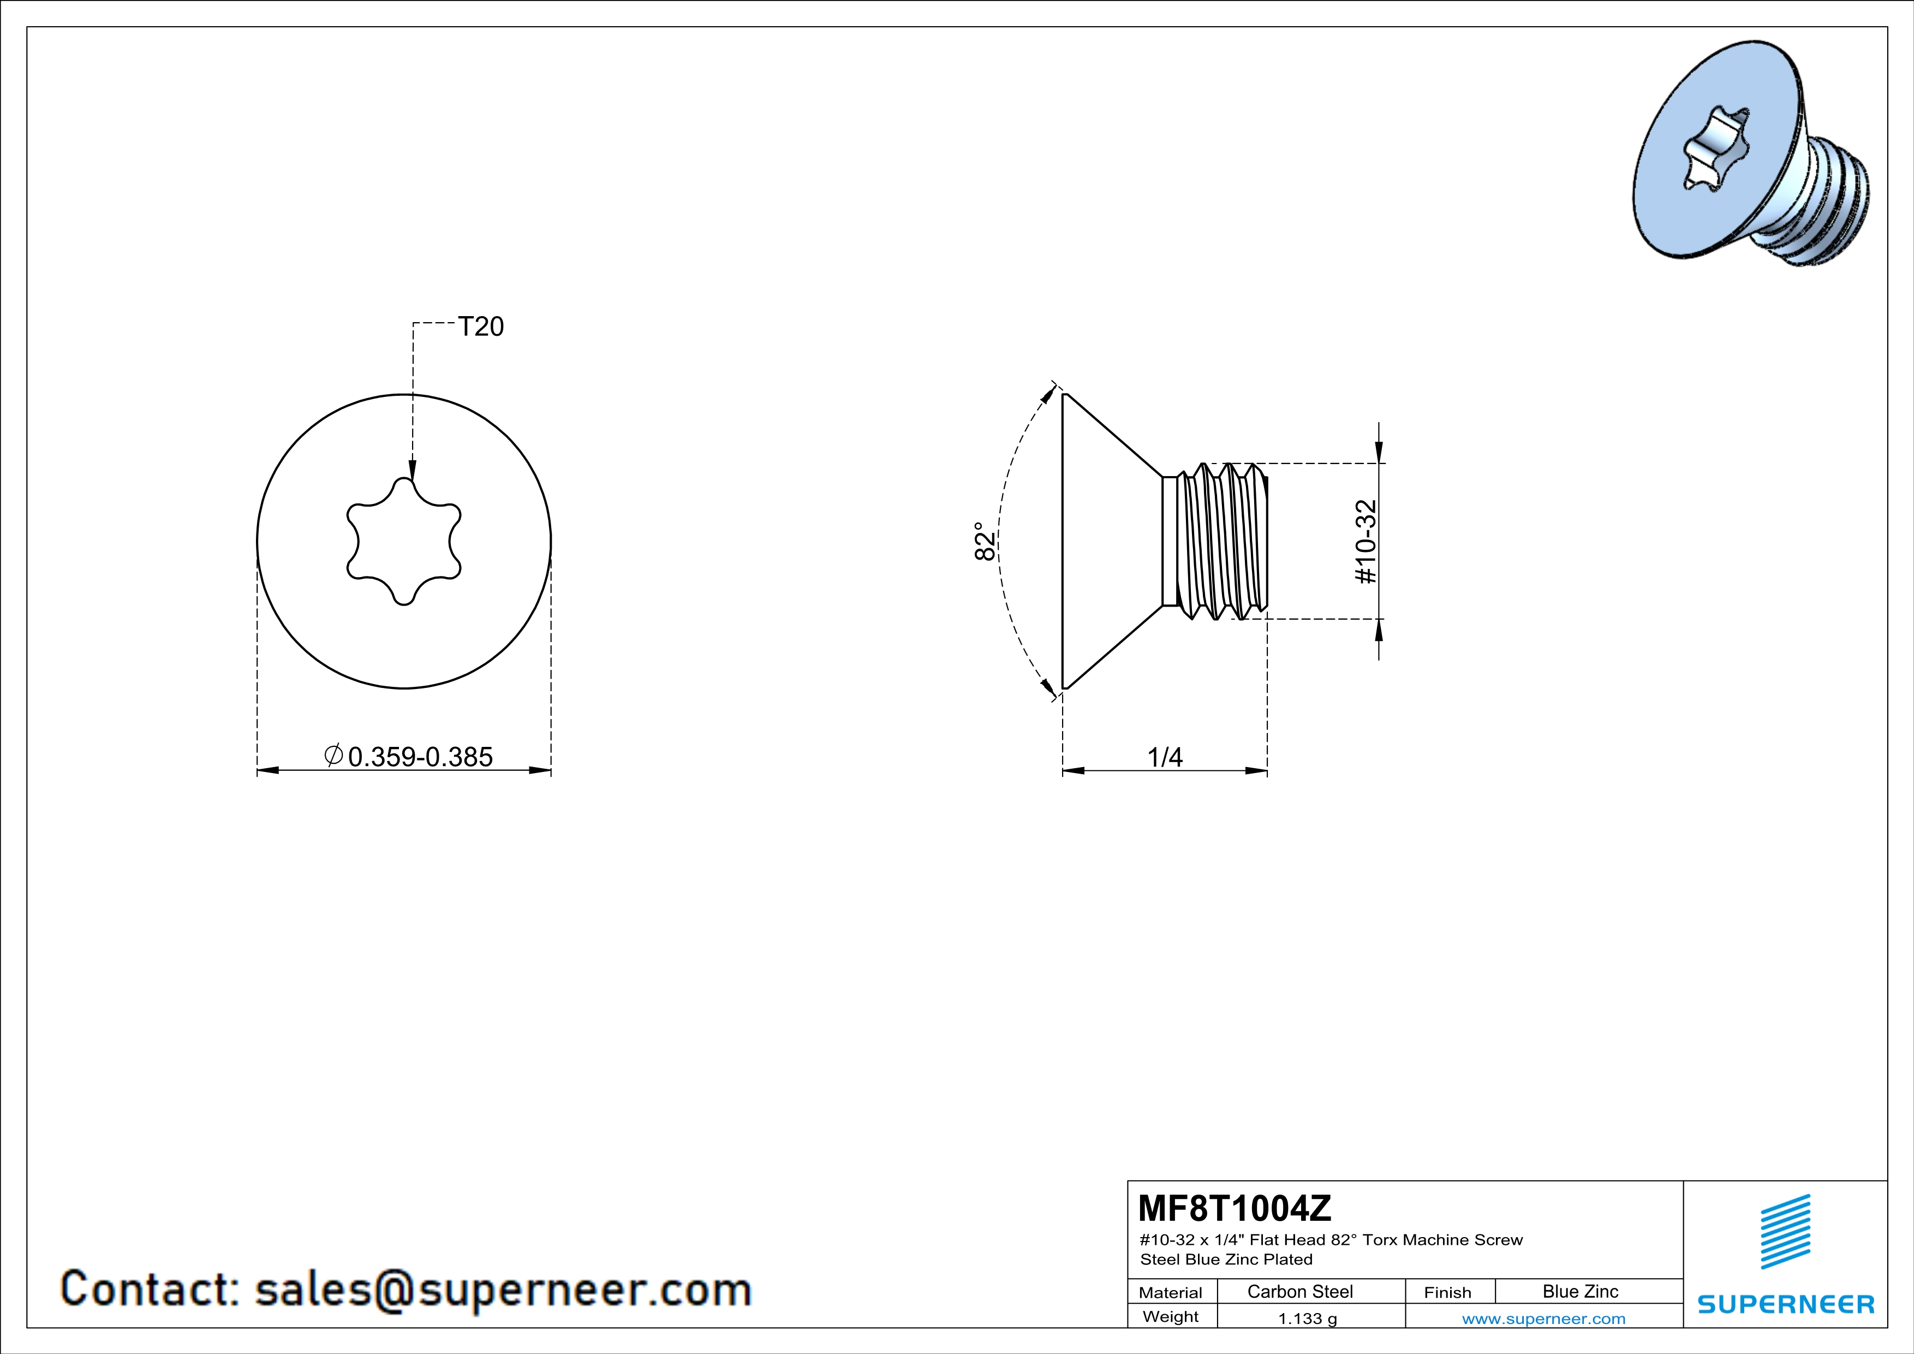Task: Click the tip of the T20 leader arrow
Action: [x=412, y=481]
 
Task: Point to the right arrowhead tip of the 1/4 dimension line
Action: [x=1268, y=770]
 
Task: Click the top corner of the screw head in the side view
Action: [x=1063, y=394]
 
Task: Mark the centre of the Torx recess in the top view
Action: [x=404, y=541]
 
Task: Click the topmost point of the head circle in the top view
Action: [x=404, y=394]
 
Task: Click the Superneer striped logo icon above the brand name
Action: [x=1785, y=1232]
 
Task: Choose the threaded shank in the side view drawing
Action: [x=1215, y=541]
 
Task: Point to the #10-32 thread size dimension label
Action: [x=1366, y=542]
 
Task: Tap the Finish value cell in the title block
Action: [x=1581, y=1291]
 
